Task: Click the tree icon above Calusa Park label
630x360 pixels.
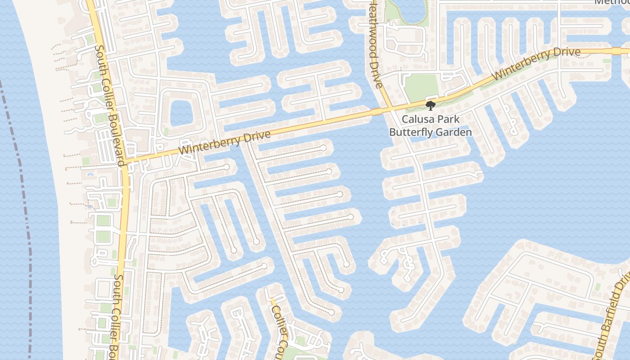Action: coord(431,106)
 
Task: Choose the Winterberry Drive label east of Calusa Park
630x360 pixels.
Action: coord(536,63)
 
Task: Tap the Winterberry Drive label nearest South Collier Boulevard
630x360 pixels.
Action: coord(225,143)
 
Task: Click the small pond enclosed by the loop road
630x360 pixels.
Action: coord(180,112)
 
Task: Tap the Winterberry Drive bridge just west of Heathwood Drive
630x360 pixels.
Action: coord(377,111)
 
